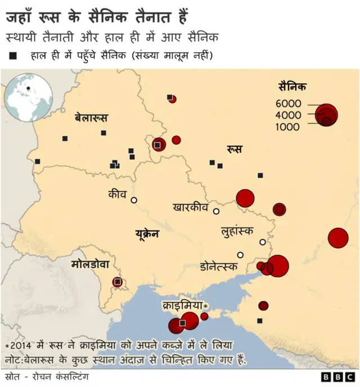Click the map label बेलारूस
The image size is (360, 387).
tap(91, 118)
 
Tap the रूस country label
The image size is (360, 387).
tap(235, 149)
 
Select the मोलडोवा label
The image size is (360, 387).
tap(93, 264)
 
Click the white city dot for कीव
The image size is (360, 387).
tap(134, 200)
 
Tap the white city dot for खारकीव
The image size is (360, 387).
tap(216, 211)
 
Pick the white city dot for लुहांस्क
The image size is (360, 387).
tap(262, 242)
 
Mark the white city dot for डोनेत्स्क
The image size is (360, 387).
tap(240, 255)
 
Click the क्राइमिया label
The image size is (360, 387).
tap(182, 305)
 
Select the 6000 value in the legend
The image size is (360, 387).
tap(289, 103)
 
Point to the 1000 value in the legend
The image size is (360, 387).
tap(289, 127)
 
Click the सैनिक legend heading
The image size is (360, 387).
tap(292, 86)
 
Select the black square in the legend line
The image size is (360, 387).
tap(12, 56)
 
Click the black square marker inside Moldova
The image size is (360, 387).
tap(118, 281)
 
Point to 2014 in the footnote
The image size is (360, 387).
tap(21, 344)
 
